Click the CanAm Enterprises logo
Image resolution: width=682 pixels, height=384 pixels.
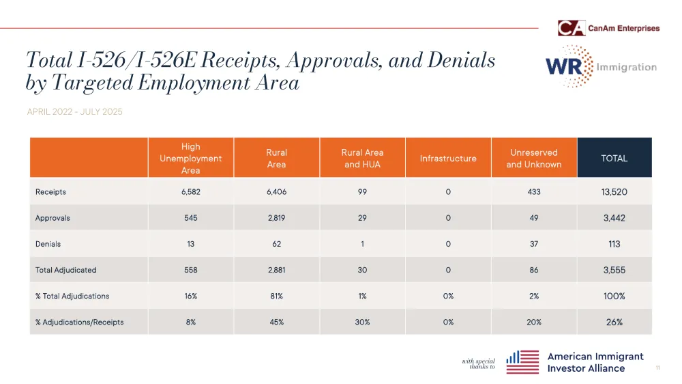point(608,28)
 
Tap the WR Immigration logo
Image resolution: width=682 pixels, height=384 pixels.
point(600,67)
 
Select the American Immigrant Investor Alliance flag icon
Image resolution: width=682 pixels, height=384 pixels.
point(523,362)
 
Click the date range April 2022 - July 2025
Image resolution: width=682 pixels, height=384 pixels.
point(74,111)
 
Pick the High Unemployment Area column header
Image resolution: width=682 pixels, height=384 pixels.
point(191,158)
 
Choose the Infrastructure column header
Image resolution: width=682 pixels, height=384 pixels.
point(448,159)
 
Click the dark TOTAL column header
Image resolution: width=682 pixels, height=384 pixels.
point(614,159)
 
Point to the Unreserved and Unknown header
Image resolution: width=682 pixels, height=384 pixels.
point(534,159)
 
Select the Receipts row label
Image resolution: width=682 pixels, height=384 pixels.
point(51,192)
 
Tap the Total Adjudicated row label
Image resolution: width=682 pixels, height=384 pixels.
point(66,270)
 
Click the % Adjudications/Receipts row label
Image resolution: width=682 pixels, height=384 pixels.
point(80,322)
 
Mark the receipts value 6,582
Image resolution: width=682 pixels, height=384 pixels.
point(191,192)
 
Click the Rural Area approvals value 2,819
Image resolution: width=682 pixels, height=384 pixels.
point(276,218)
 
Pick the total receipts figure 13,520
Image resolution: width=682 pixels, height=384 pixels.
point(614,192)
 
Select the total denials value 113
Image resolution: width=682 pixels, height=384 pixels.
point(614,244)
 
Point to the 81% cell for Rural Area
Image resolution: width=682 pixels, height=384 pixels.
point(276,296)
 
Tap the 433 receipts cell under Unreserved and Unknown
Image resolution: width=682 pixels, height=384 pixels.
point(534,192)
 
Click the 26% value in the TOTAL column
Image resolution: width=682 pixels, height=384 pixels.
point(614,322)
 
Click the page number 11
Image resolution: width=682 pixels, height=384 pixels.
point(657,368)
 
